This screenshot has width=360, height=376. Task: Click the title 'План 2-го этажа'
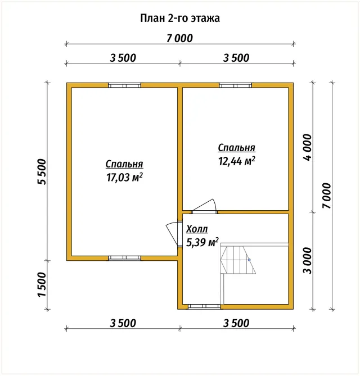click(x=180, y=18)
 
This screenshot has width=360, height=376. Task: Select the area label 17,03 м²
click(x=124, y=177)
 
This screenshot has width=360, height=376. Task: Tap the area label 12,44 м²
click(x=237, y=161)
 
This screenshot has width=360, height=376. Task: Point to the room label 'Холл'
click(x=197, y=229)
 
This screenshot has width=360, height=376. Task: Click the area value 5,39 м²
click(x=202, y=242)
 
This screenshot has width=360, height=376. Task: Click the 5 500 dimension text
click(x=42, y=171)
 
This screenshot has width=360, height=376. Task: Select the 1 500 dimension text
click(x=42, y=284)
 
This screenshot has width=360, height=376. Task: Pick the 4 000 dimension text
click(x=308, y=147)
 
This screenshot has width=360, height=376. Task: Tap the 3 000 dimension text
click(x=308, y=261)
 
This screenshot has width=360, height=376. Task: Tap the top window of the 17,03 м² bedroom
click(x=124, y=85)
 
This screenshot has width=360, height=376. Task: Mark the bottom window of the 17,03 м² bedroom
click(x=124, y=258)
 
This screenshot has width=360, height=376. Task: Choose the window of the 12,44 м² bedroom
click(x=236, y=85)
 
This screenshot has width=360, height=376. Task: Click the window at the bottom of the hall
click(x=204, y=306)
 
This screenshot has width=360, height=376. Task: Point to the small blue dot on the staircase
click(x=249, y=260)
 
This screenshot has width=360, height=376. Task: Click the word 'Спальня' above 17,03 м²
click(x=124, y=164)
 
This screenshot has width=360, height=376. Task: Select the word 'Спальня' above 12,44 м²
click(x=237, y=148)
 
